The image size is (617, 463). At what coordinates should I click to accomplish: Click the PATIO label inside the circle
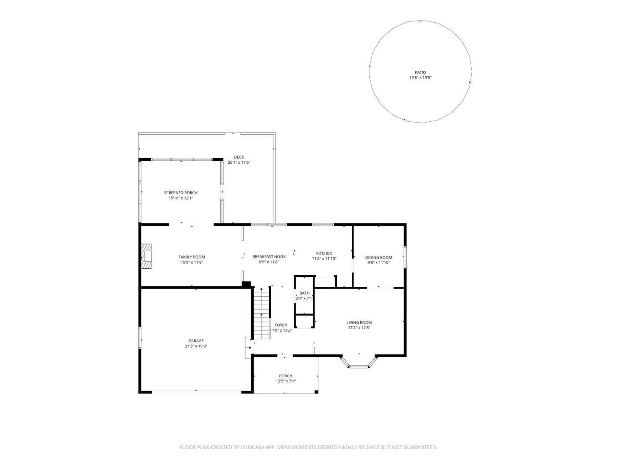tap(420, 72)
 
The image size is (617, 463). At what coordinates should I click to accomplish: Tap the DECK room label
tap(239, 157)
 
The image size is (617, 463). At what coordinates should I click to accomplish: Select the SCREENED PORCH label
tap(181, 193)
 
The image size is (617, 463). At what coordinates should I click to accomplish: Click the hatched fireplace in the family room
tap(146, 257)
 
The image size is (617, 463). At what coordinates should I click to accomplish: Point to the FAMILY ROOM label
tap(192, 257)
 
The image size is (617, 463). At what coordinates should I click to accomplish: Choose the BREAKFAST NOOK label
tap(269, 257)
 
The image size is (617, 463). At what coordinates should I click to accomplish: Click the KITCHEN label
tap(324, 253)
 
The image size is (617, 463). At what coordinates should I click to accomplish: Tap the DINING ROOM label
tap(379, 257)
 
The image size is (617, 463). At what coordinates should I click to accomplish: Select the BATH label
tap(304, 293)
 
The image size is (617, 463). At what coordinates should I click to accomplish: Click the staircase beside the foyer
tap(262, 313)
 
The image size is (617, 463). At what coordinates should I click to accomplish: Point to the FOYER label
tap(281, 325)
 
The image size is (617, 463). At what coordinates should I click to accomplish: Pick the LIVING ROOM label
tap(359, 323)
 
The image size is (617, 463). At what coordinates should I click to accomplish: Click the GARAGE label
tap(196, 341)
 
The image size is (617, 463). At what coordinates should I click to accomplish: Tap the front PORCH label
tap(286, 376)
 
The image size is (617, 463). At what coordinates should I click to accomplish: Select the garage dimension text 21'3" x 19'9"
tap(196, 346)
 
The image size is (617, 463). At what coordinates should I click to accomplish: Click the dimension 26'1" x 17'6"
tap(239, 162)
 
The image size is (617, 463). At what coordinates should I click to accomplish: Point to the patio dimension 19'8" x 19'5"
tap(420, 78)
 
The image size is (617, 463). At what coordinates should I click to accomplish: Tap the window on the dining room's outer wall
tap(405, 257)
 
